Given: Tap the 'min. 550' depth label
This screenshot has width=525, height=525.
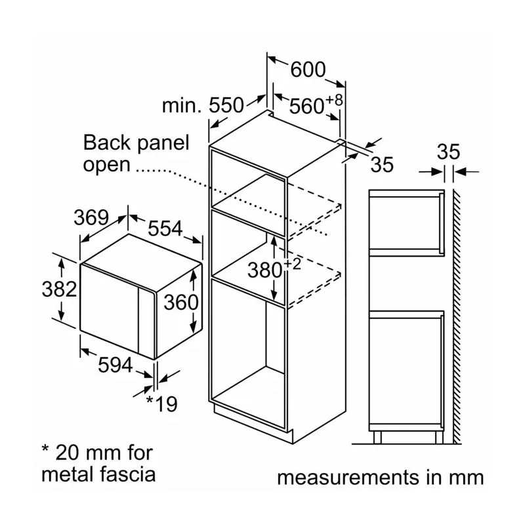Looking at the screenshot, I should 203,105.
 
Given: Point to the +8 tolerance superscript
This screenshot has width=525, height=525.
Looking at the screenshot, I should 335,100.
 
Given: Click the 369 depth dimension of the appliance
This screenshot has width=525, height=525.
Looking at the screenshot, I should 91,217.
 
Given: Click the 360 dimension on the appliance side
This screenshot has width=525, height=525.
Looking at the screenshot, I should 180,302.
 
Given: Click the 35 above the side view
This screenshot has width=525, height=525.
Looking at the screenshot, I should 449,152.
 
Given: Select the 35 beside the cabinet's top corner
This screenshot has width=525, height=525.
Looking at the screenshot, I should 381,164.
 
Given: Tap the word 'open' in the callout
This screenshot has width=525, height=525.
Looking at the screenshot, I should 106,164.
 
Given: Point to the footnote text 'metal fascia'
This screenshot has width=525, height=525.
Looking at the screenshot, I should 98,474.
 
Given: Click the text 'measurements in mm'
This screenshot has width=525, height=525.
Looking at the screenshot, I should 381,477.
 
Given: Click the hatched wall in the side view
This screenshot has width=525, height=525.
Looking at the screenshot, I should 455,315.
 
